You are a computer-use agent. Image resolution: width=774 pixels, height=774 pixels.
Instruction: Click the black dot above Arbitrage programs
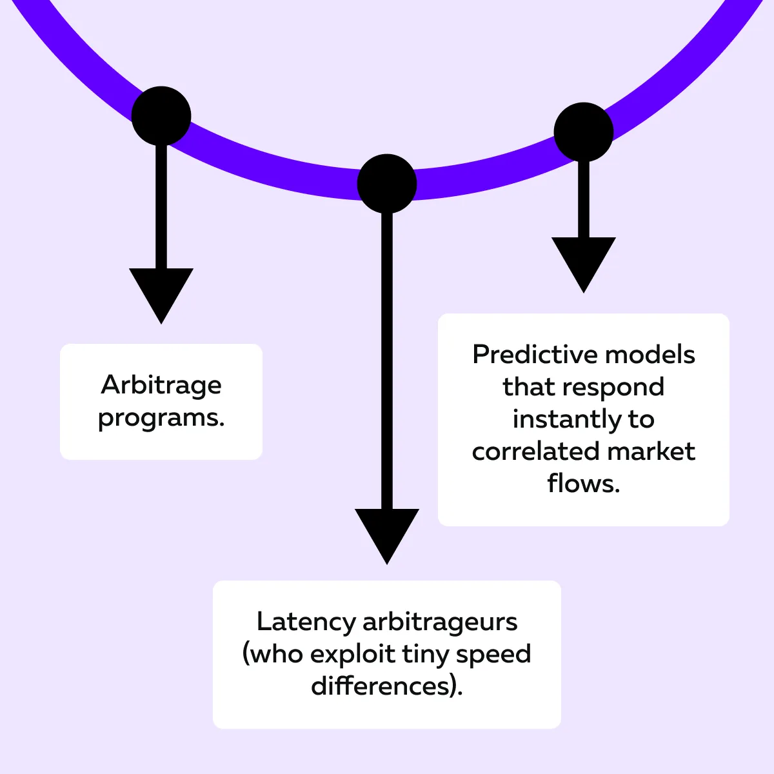[161, 116]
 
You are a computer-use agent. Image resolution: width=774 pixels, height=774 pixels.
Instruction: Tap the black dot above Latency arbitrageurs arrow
[387, 184]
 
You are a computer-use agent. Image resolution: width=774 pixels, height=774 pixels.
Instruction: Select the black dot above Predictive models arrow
[584, 132]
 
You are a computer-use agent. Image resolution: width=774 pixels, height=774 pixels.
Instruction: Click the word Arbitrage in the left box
[161, 385]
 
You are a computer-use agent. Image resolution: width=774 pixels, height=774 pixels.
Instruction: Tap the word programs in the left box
[161, 418]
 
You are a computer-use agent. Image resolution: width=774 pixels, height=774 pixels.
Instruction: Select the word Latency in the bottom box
[306, 622]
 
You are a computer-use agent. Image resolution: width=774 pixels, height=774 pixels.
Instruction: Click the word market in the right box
[651, 451]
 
